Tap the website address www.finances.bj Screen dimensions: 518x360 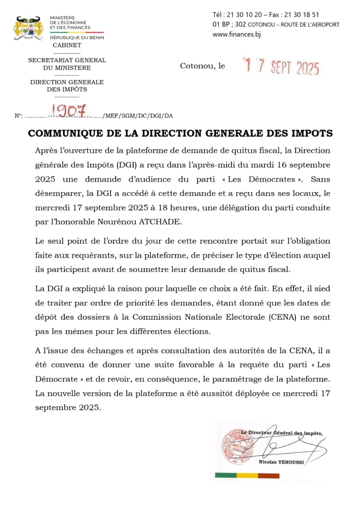(x=236, y=34)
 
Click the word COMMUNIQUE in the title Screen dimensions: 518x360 (x=62, y=134)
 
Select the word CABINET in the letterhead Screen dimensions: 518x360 (x=67, y=45)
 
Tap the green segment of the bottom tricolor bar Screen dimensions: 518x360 (x=226, y=475)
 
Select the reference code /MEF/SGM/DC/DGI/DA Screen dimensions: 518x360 (x=138, y=116)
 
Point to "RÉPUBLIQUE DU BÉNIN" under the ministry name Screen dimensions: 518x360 (x=77, y=38)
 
